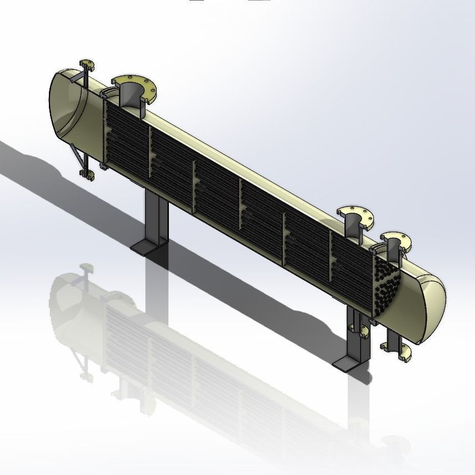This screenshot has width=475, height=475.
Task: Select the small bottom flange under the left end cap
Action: [x=88, y=177]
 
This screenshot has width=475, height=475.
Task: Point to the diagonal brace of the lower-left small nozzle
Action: [x=78, y=158]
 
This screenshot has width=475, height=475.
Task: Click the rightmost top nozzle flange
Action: [x=396, y=240]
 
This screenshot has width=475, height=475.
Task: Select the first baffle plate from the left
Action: [x=150, y=156]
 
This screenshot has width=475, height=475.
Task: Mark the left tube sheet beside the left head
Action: [x=103, y=133]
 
